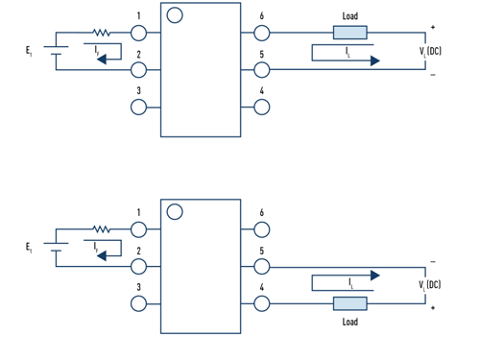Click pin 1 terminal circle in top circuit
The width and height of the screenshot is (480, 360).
click(139, 33)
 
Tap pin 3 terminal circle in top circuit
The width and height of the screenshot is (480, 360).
click(139, 106)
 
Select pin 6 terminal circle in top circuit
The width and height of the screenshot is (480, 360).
click(262, 33)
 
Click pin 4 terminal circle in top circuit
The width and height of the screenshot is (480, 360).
click(262, 106)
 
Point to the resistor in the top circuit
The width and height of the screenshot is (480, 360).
click(102, 33)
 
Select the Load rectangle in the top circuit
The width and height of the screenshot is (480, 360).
click(349, 33)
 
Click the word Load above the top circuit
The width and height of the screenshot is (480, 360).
click(350, 15)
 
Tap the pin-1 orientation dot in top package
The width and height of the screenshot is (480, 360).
click(174, 14)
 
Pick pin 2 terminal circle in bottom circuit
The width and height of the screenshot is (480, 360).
click(139, 266)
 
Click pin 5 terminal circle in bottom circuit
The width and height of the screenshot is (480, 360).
click(262, 266)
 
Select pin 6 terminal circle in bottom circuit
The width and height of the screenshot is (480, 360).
click(262, 229)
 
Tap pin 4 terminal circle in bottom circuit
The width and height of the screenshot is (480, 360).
click(262, 303)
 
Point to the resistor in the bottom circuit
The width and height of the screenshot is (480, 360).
click(102, 229)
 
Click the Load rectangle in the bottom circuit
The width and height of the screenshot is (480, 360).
click(349, 303)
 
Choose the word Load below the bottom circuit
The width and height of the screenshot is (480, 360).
click(350, 322)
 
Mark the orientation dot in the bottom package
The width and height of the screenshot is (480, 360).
click(174, 211)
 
